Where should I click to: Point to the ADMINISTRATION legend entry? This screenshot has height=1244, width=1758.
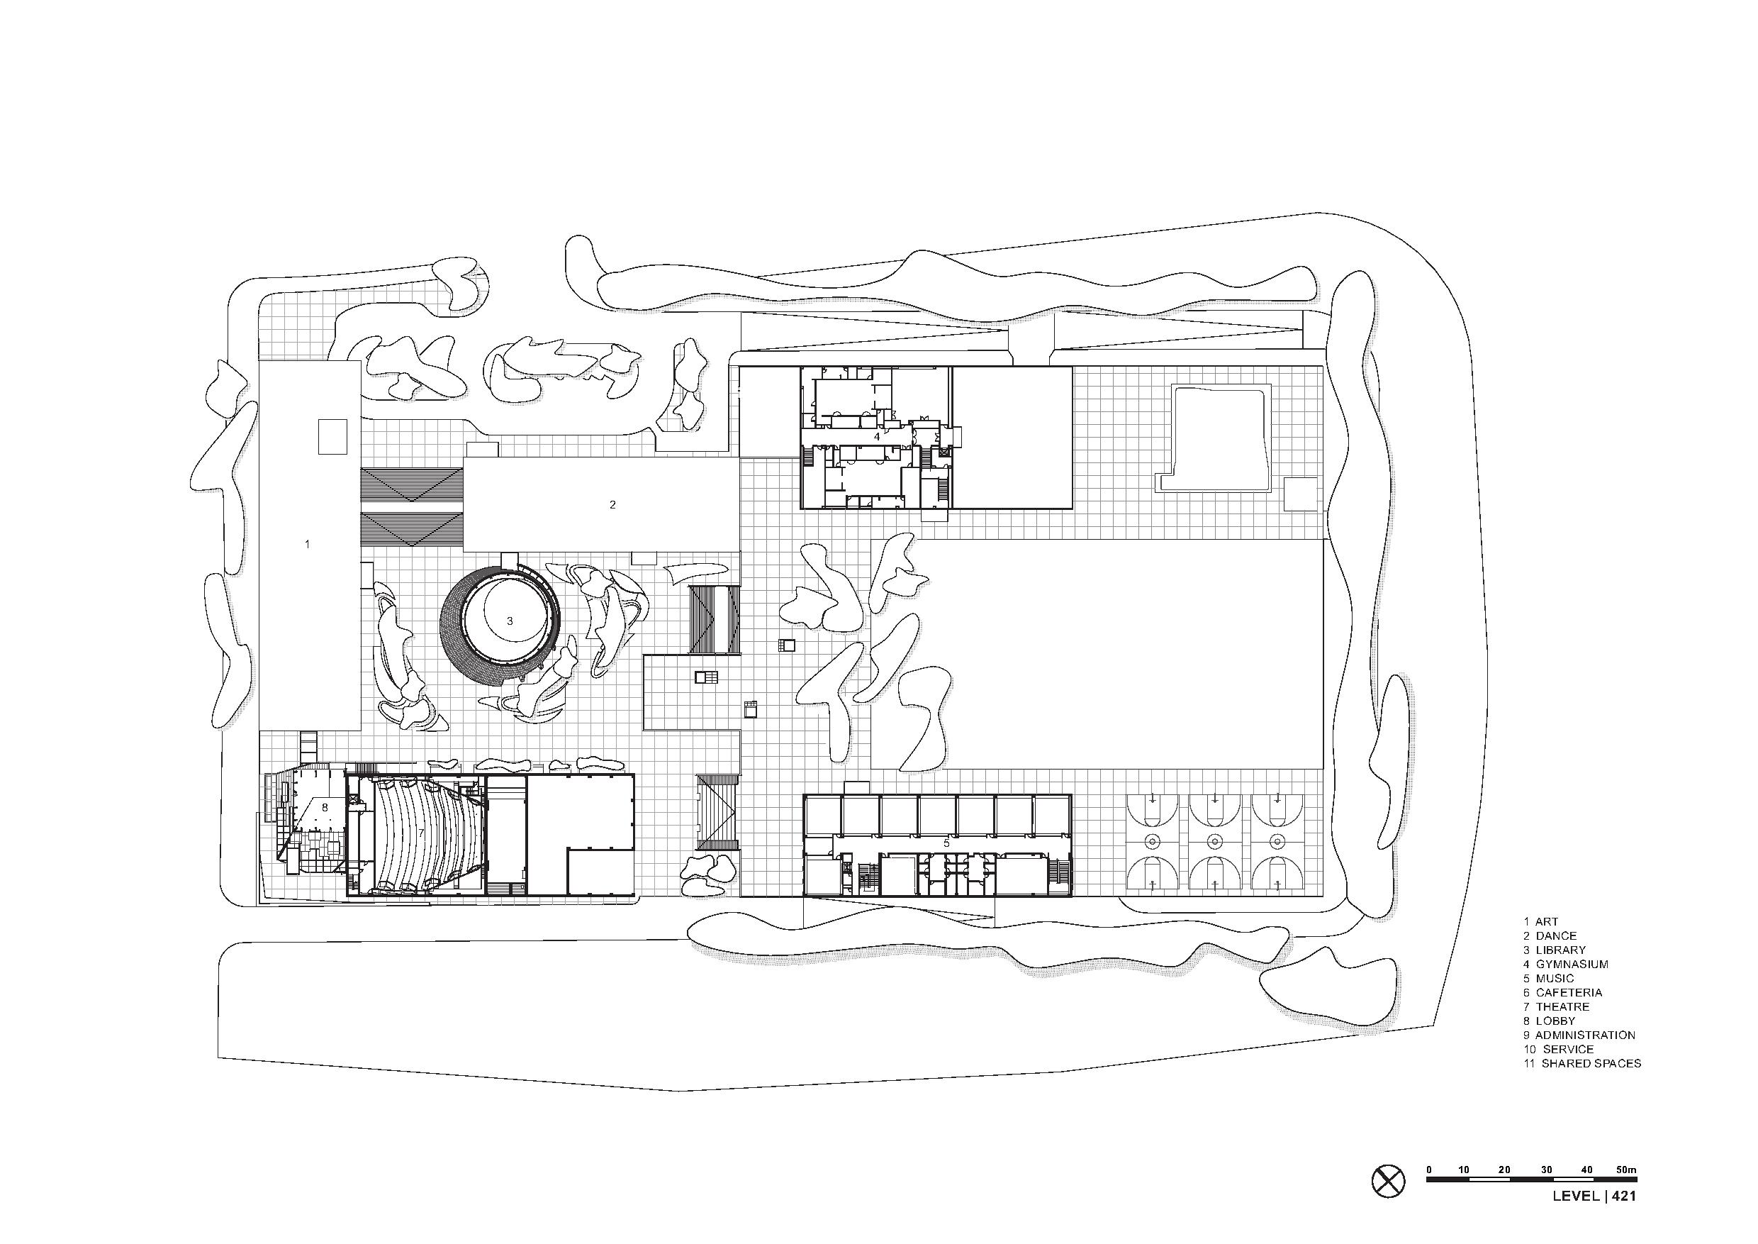(x=1579, y=1035)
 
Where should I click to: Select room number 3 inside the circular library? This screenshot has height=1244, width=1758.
(x=510, y=621)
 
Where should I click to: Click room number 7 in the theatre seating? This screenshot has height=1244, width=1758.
(x=420, y=833)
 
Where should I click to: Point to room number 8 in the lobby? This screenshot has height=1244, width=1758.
(x=325, y=807)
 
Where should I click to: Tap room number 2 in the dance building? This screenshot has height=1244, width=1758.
(x=612, y=505)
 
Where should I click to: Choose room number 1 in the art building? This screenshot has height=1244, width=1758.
(x=307, y=544)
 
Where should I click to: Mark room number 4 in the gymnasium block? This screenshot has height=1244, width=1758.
(x=878, y=437)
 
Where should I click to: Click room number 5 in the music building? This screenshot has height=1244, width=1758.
(x=946, y=843)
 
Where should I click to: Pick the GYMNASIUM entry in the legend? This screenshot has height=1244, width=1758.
(x=1565, y=965)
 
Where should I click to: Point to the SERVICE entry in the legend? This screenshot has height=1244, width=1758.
(x=1558, y=1050)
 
